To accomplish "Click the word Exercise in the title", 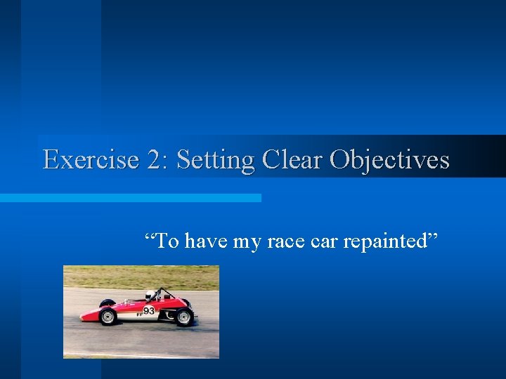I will tap(91, 160).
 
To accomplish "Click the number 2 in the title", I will tap(153, 160).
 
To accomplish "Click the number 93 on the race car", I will tap(149, 310).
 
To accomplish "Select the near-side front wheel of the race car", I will tap(108, 317).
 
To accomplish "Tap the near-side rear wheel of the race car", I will tap(185, 317).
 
